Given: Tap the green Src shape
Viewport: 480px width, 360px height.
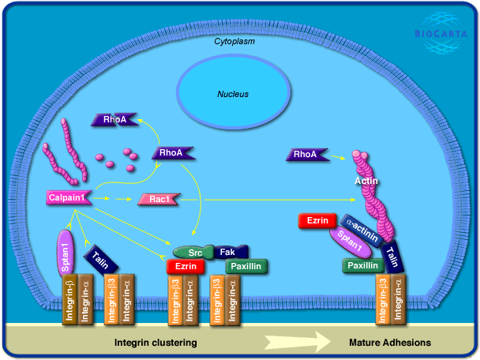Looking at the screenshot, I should tap(194, 252).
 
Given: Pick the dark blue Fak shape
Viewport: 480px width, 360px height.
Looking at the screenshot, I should tap(227, 252).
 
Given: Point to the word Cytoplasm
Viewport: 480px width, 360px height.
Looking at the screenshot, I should tap(234, 40).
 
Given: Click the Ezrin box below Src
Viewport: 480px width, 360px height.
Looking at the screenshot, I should tap(186, 268).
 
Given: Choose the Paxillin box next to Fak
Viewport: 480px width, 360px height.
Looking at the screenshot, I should tap(246, 268).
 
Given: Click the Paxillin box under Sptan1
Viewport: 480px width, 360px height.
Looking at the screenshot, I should tap(362, 266).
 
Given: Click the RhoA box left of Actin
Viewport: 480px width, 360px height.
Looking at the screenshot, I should tap(306, 155).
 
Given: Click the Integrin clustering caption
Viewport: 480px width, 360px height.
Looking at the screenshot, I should tap(156, 343).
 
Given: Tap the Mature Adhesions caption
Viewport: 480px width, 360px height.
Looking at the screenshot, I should tap(390, 343).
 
